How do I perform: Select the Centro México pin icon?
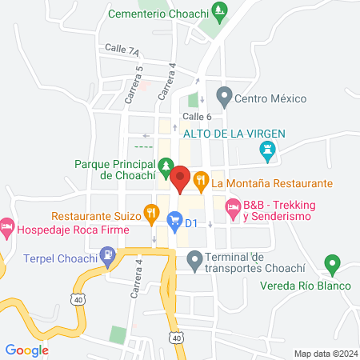click(x=224, y=98)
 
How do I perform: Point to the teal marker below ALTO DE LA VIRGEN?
click(x=267, y=150)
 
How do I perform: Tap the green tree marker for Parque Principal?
click(x=164, y=167)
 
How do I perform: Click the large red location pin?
click(x=180, y=179)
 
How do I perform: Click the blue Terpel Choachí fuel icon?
click(x=108, y=256)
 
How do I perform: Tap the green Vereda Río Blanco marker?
click(x=332, y=264)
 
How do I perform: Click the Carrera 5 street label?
click(x=138, y=83)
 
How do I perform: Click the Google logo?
click(x=27, y=350)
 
